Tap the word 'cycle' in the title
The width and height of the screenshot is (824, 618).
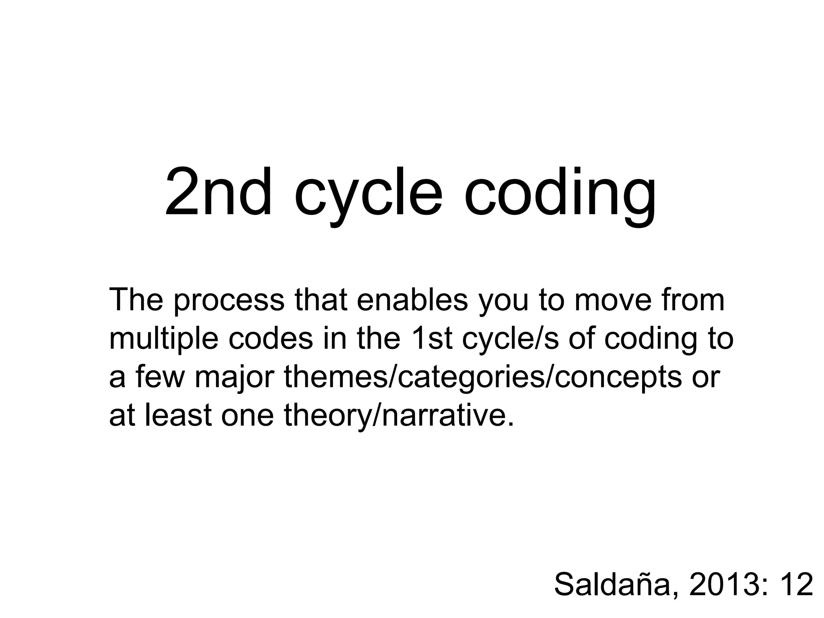(369, 197)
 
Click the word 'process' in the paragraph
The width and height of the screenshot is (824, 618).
(229, 301)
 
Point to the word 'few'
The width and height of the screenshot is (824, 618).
(159, 377)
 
